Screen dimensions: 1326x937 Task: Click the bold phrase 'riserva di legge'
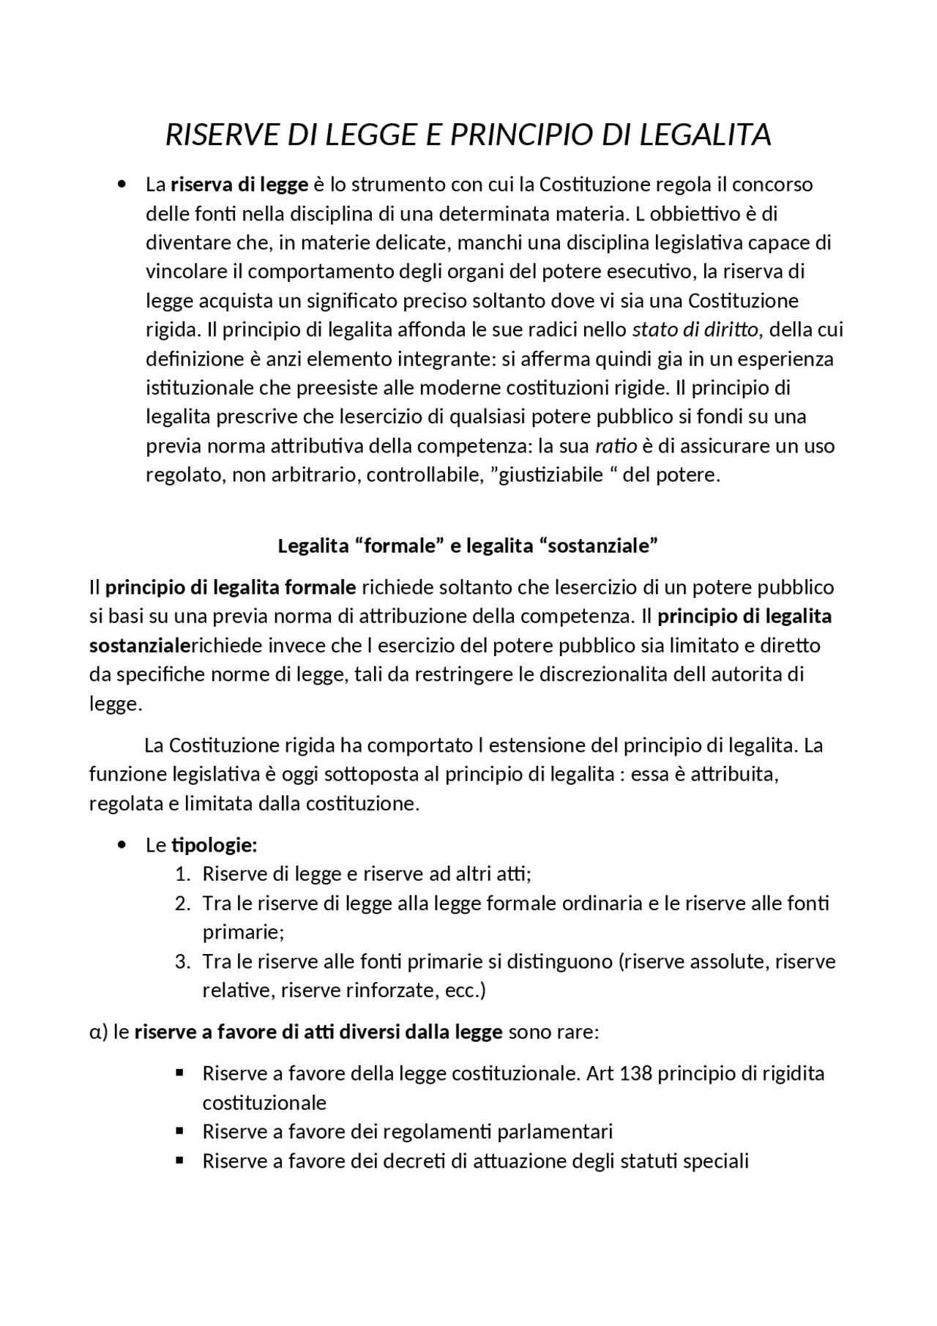coord(239,185)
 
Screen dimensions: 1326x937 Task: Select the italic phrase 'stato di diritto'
coord(695,329)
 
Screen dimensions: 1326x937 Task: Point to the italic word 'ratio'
coord(616,446)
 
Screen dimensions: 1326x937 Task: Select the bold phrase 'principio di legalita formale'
coord(231,587)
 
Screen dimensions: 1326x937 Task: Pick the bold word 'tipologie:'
coord(214,846)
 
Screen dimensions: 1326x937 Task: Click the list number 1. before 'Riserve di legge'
coord(183,874)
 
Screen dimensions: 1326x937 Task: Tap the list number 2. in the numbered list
coord(183,904)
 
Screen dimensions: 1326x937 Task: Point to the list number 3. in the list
coord(183,961)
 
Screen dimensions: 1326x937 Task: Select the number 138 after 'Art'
coord(635,1074)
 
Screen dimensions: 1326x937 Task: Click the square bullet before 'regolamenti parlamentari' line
coord(179,1131)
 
